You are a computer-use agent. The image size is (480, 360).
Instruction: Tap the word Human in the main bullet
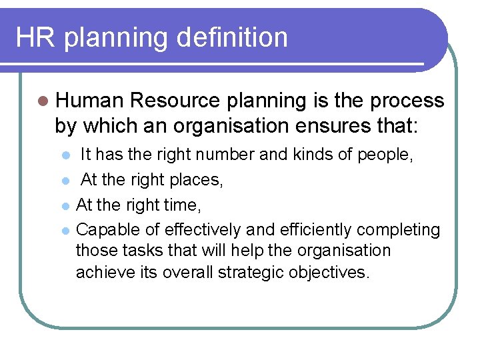(x=90, y=101)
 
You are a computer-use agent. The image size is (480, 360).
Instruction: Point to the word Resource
(x=175, y=101)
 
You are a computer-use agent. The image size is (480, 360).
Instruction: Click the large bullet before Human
(x=43, y=101)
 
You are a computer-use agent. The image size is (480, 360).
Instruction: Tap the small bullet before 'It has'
(x=64, y=156)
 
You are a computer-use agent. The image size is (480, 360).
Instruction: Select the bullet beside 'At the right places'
(x=64, y=181)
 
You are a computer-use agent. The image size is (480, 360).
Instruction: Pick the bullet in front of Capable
(x=64, y=231)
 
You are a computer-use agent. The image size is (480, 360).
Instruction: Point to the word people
(x=387, y=155)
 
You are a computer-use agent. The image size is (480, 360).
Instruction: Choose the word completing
(x=399, y=230)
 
